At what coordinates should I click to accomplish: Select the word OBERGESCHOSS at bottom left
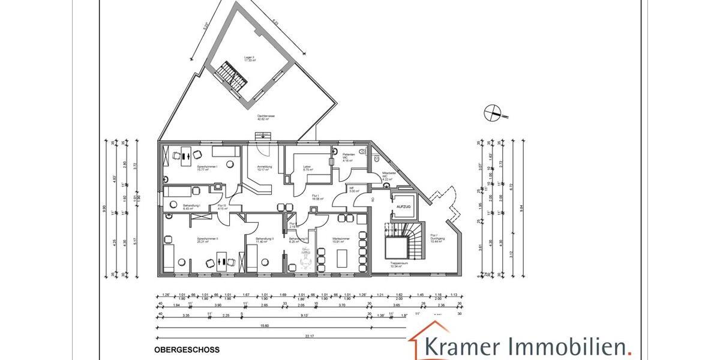(187, 349)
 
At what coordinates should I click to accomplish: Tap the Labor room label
(307, 168)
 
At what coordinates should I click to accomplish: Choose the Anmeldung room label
(265, 168)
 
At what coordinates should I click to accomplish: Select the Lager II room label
(250, 59)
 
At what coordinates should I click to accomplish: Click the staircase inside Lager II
(233, 74)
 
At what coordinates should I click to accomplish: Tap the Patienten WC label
(349, 157)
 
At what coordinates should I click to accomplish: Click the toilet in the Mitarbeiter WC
(376, 160)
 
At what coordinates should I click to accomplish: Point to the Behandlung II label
(264, 239)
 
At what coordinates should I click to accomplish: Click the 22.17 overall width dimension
(308, 337)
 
